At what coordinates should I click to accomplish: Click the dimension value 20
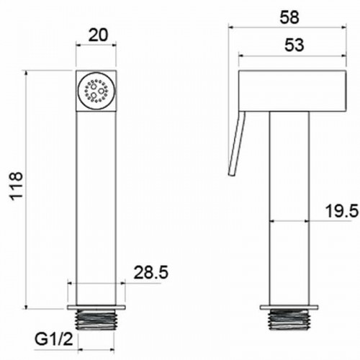click(99, 35)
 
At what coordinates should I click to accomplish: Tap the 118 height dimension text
click(17, 186)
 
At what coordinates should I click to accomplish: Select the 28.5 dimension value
click(151, 272)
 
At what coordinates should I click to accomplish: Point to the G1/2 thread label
click(54, 339)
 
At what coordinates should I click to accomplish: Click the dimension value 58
click(289, 17)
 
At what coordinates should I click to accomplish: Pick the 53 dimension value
click(294, 45)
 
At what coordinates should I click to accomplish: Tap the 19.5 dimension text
click(342, 211)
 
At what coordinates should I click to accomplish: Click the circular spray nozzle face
click(96, 91)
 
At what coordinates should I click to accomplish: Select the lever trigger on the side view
click(237, 144)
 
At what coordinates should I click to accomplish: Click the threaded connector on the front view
click(96, 319)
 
